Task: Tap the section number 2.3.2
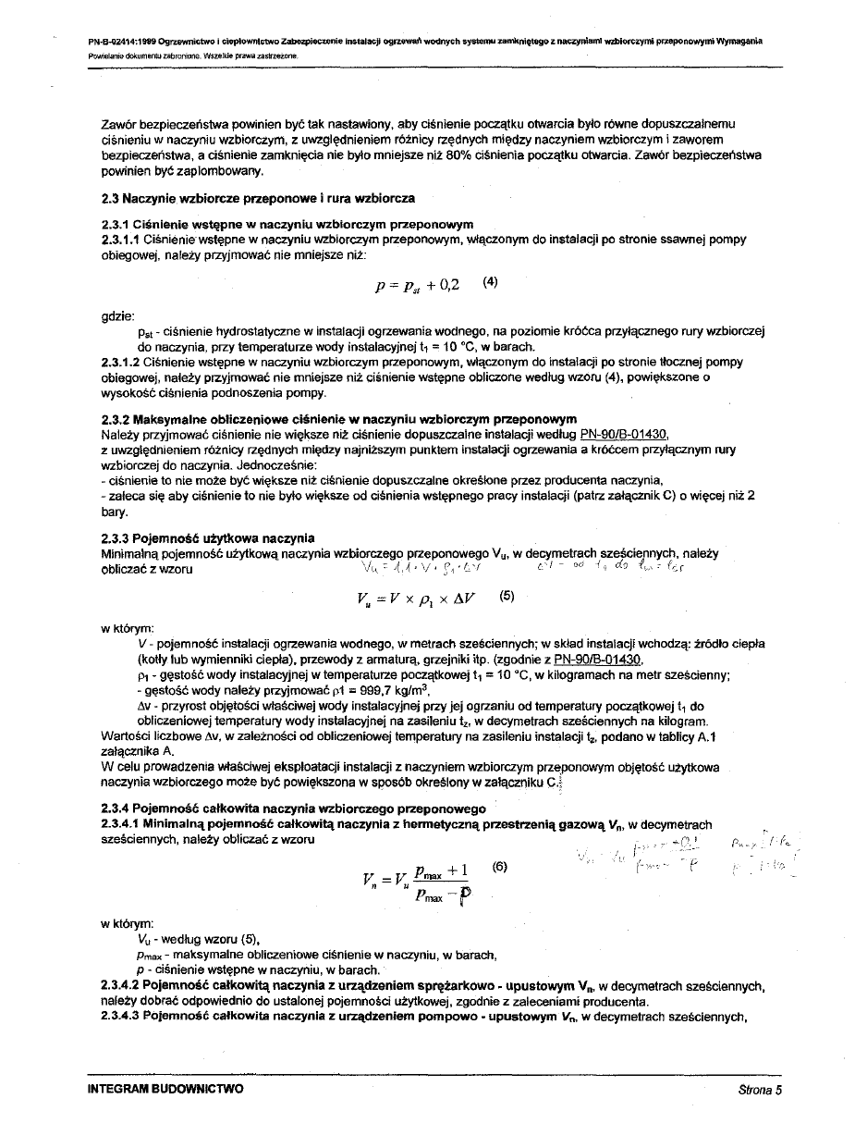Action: click(116, 419)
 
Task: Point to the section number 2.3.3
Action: click(116, 538)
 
